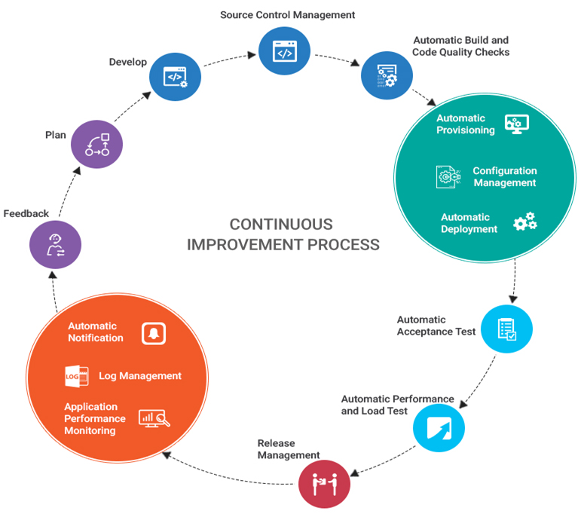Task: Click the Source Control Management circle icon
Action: pos(285,50)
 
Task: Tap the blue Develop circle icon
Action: pos(175,75)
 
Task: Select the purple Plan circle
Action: pos(96,143)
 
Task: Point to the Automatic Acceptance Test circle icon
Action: pos(506,329)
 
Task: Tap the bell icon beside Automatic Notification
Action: pos(154,332)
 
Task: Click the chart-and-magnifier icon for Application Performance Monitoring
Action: pos(154,418)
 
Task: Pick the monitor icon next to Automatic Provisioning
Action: pos(516,124)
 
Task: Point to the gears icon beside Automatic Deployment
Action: pos(524,222)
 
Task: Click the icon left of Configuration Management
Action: pos(449,177)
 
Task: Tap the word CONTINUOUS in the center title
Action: pos(281,225)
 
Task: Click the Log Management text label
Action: pos(140,375)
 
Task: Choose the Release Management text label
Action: pos(289,449)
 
